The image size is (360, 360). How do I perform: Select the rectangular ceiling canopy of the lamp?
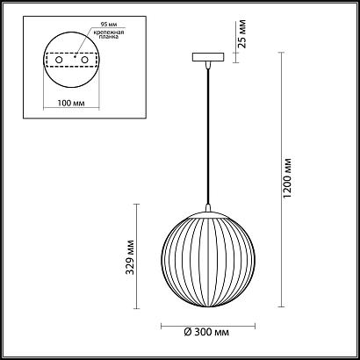pos(207,58)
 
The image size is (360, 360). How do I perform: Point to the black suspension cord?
pos(207,140)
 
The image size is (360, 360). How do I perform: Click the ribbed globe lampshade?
pos(207,263)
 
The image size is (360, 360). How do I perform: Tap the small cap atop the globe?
pos(207,212)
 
